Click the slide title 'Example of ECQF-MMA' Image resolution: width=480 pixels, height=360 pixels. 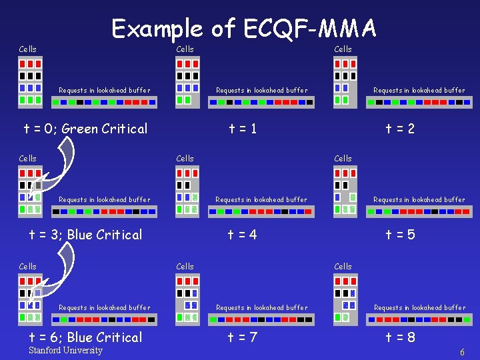click(244, 28)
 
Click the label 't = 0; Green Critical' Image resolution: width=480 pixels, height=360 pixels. click(85, 129)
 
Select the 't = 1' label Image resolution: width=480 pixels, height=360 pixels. click(242, 129)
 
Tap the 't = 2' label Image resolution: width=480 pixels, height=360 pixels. click(400, 129)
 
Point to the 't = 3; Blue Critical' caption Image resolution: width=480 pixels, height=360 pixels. click(85, 235)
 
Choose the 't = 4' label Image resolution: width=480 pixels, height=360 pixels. click(242, 235)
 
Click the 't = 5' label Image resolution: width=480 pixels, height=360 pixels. click(400, 235)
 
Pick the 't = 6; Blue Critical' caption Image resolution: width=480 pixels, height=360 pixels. click(85, 337)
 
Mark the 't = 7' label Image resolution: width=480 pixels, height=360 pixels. click(242, 337)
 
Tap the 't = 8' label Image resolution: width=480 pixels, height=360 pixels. click(400, 337)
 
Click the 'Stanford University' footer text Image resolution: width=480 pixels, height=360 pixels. click(66, 351)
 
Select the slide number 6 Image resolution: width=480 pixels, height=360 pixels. click(462, 352)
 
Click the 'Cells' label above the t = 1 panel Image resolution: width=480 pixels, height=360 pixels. click(185, 49)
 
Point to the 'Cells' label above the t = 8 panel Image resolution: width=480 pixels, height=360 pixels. click(343, 267)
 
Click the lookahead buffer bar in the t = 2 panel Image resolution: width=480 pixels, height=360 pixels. click(419, 103)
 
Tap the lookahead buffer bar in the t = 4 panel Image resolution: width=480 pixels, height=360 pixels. click(261, 212)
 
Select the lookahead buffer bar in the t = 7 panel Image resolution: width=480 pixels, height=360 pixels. click(261, 320)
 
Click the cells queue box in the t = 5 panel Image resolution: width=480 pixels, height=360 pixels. click(345, 190)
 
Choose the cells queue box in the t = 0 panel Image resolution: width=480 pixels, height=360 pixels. click(30, 81)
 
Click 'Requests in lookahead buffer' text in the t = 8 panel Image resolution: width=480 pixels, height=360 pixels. click(419, 308)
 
